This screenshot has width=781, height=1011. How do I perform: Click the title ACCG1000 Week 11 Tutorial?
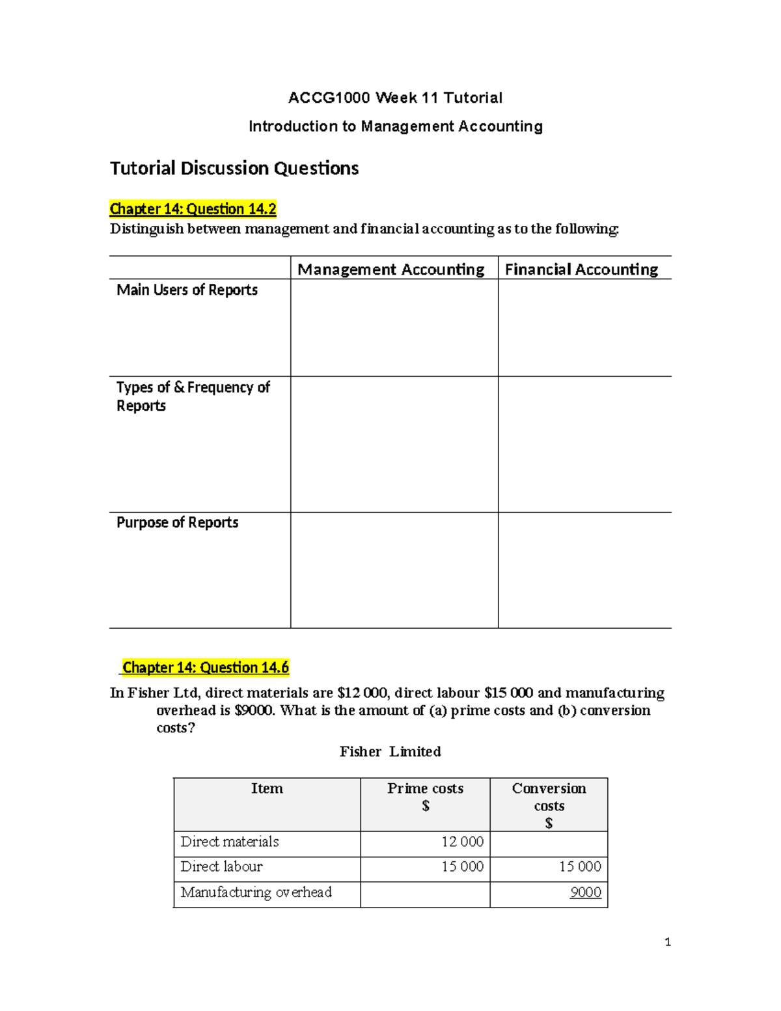[x=395, y=98]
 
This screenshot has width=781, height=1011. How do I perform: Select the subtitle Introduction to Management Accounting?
[x=395, y=126]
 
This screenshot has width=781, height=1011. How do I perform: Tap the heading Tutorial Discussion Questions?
[x=234, y=169]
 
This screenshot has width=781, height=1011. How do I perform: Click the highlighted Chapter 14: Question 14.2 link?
[x=193, y=209]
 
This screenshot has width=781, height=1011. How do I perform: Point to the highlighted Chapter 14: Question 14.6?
[x=206, y=667]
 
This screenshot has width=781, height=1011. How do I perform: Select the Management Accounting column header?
[x=391, y=270]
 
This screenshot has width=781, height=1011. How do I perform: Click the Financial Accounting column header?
[x=581, y=270]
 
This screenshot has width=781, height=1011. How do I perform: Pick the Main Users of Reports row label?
[x=187, y=290]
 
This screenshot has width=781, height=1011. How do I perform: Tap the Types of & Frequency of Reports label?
[x=193, y=396]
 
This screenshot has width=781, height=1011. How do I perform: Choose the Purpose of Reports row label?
[x=177, y=523]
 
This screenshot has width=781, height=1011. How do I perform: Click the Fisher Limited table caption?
[x=390, y=752]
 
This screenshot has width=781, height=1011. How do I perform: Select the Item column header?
[x=267, y=789]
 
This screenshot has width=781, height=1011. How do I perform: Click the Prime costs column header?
[x=425, y=796]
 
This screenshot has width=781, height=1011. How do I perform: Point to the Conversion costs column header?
[x=549, y=805]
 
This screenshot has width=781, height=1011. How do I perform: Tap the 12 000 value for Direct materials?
[x=462, y=842]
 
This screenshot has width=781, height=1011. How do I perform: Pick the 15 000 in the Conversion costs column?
[x=580, y=866]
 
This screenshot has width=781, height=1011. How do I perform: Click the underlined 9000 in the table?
[x=585, y=893]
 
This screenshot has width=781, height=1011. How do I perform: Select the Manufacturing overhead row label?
[x=256, y=893]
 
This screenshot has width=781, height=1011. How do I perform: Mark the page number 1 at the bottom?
[x=667, y=942]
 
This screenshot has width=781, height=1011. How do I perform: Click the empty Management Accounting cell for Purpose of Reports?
[x=394, y=570]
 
